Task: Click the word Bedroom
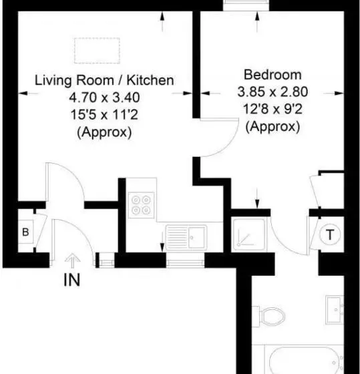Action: [x=273, y=75]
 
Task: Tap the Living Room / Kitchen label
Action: [x=104, y=80]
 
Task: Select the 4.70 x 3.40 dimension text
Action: [x=104, y=98]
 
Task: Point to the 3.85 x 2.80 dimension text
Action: [x=273, y=92]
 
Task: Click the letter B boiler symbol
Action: [x=25, y=232]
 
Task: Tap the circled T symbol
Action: [x=330, y=234]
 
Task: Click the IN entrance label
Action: [x=72, y=280]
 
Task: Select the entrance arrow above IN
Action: [x=73, y=261]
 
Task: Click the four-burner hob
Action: [x=141, y=205]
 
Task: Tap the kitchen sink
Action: [x=186, y=238]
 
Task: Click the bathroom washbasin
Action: [x=335, y=310]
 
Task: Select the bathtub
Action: [x=305, y=360]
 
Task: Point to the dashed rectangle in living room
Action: [x=97, y=51]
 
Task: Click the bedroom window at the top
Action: [x=246, y=5]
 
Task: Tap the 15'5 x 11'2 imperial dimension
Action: [x=104, y=114]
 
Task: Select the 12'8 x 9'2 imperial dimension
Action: [x=273, y=109]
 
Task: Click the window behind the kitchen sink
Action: [x=185, y=263]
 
